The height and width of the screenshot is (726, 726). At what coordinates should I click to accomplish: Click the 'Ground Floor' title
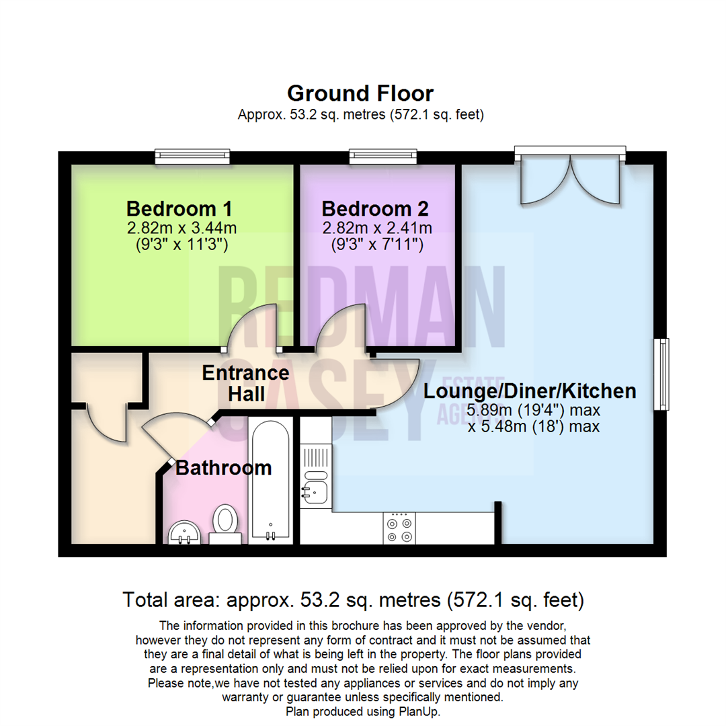360,93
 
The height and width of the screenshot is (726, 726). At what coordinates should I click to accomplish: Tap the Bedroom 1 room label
179,208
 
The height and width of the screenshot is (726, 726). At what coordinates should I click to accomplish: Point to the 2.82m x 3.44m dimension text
182,228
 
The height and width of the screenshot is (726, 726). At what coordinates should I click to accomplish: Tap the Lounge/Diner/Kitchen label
530,391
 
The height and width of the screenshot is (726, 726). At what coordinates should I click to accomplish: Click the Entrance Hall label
246,383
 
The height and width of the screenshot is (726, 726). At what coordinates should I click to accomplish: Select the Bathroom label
223,468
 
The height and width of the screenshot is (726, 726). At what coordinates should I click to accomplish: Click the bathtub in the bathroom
270,481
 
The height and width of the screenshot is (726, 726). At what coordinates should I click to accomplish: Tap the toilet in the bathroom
225,522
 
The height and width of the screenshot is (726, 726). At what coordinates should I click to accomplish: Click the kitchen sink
315,491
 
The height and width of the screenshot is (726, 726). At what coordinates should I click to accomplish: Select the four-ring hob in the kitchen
399,529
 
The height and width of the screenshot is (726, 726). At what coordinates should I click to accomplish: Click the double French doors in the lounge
570,176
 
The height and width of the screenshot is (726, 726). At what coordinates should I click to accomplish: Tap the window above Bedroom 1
192,157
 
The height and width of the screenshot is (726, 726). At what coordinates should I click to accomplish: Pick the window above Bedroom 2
383,157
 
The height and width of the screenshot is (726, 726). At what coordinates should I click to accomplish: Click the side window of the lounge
663,374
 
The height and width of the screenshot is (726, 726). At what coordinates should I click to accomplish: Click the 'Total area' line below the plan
353,599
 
